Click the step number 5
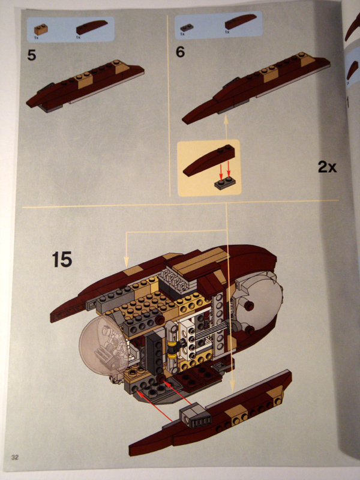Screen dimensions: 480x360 (31, 56)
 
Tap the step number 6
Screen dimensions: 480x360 (180, 52)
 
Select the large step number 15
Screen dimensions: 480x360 (62, 260)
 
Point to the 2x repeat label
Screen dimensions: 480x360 (327, 167)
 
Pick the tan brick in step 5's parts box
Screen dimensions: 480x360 (40, 28)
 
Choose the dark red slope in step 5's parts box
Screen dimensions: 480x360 (91, 27)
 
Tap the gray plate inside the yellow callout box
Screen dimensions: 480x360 (227, 184)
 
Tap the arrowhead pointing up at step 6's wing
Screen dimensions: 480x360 (227, 121)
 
